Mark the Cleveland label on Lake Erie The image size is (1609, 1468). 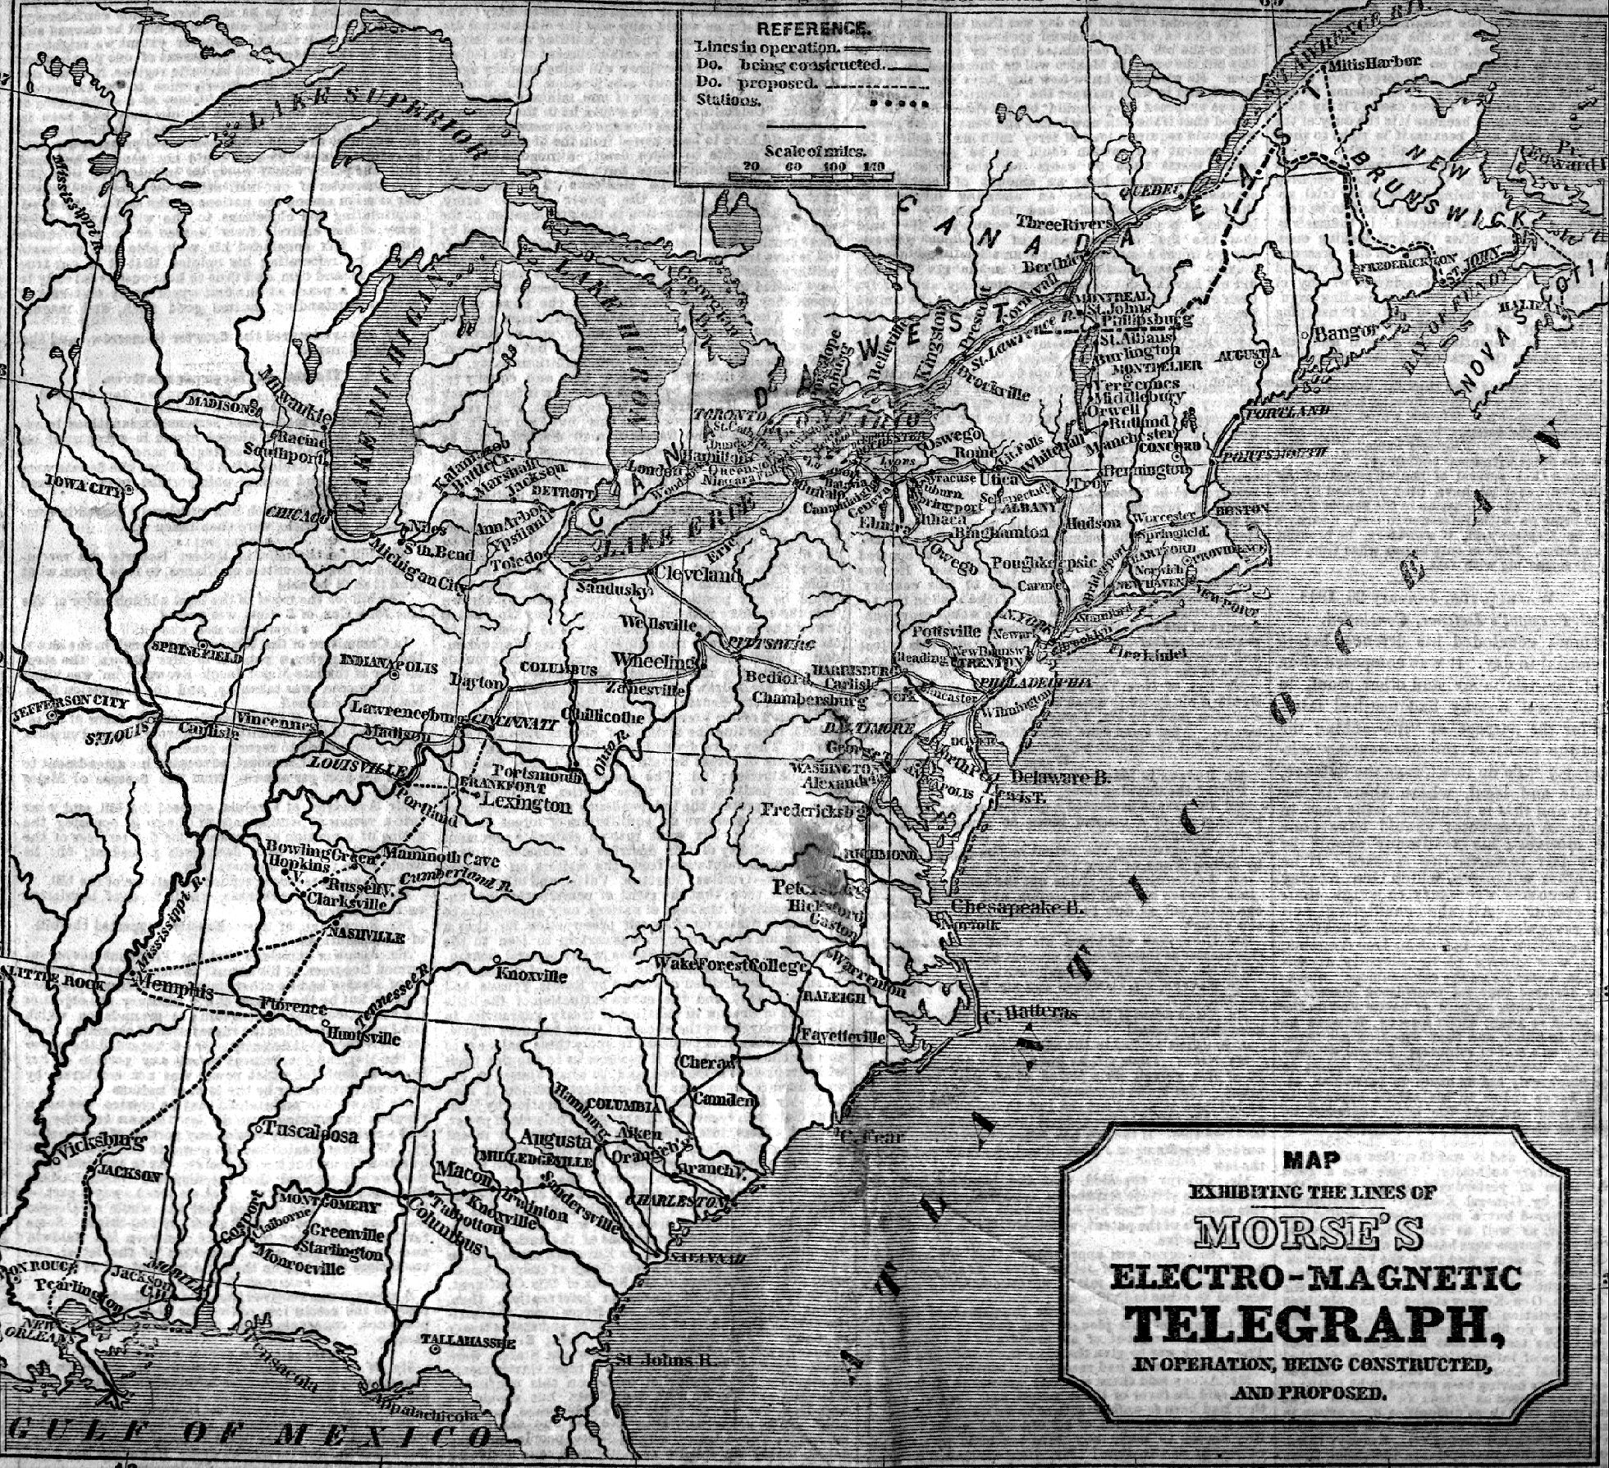pos(696,573)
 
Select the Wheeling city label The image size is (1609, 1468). pos(651,661)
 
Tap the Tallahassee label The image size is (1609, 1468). pos(468,1366)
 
